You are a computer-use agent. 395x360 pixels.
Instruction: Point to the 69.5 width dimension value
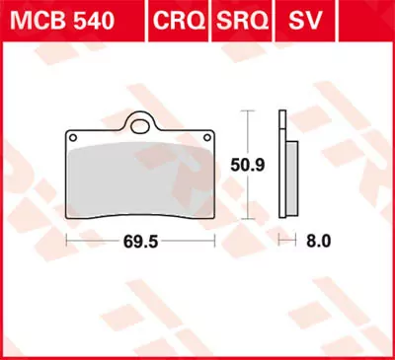click(x=142, y=240)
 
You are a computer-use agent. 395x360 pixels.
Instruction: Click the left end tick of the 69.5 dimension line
click(x=65, y=240)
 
